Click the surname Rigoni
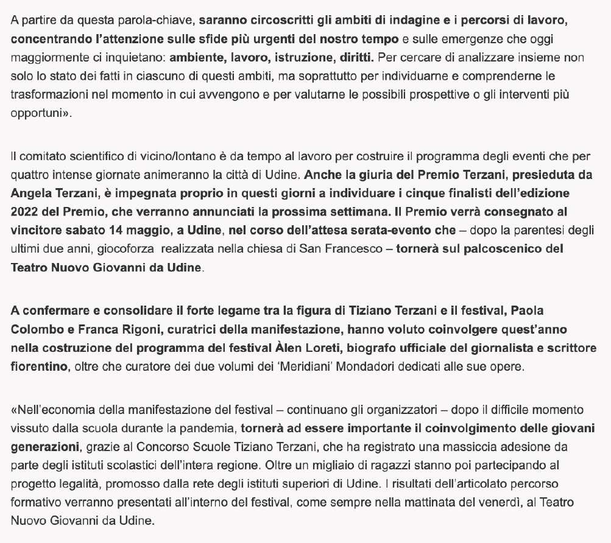(125, 329)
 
